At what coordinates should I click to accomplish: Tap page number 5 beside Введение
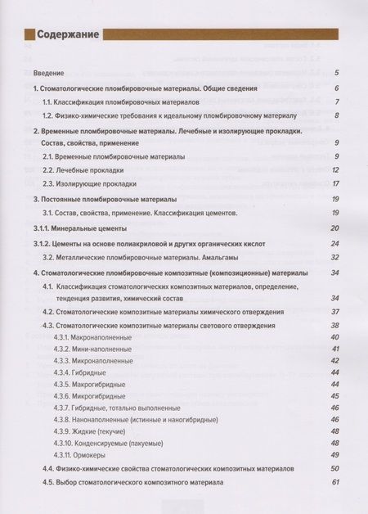click(x=336, y=74)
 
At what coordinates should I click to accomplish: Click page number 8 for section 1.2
click(x=336, y=115)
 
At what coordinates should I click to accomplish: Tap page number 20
click(x=334, y=228)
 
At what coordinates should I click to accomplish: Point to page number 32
click(x=334, y=257)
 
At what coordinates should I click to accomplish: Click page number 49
click(x=334, y=454)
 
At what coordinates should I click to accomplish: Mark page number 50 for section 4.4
click(x=334, y=468)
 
